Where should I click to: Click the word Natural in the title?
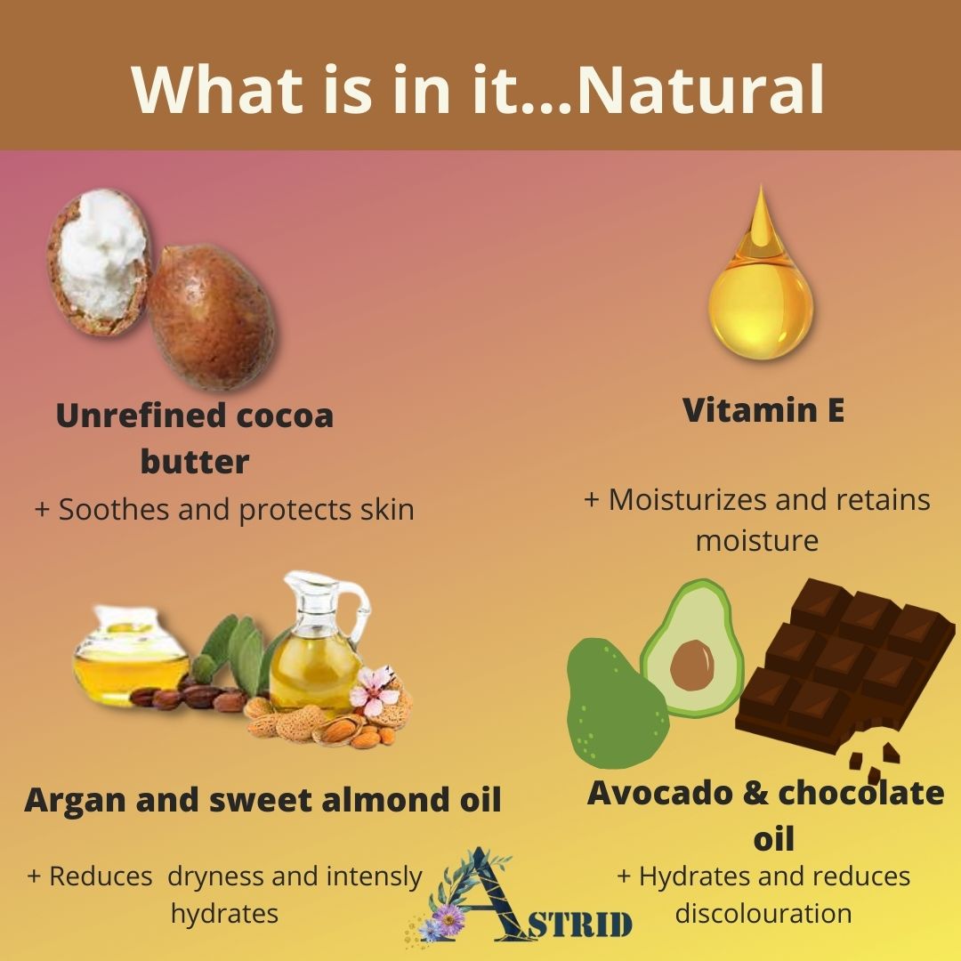pyautogui.click(x=700, y=90)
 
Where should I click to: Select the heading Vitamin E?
pyautogui.click(x=763, y=410)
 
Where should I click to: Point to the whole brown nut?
pyautogui.click(x=211, y=316)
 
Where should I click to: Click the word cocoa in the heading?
pyautogui.click(x=285, y=416)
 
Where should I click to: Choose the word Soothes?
pyautogui.click(x=113, y=510)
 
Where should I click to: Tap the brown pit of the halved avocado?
pyautogui.click(x=692, y=666)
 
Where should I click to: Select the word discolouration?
pyautogui.click(x=763, y=913)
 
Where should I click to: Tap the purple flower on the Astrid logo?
pyautogui.click(x=449, y=918)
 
